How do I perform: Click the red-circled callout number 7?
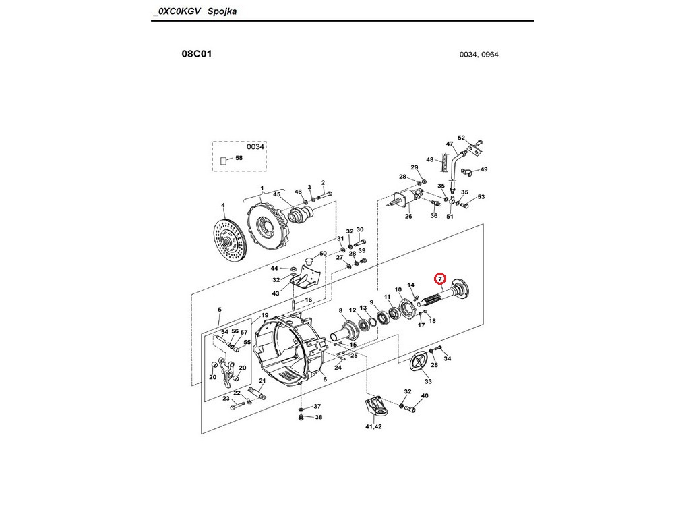coord(440,279)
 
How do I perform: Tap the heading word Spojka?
coord(222,11)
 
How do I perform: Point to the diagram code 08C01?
coord(197,54)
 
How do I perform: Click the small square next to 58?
coord(223,161)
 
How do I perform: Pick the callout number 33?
coord(428,381)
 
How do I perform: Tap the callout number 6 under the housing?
coord(325,379)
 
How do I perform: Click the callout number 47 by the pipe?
coord(450,144)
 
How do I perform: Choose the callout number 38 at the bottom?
coord(319,417)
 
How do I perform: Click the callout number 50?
coord(323,254)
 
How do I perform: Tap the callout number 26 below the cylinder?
coord(408,216)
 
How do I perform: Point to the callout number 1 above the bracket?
coord(262,188)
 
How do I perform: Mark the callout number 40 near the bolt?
coord(425,396)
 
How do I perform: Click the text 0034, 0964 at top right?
coord(479,55)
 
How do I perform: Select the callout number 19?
coord(265,315)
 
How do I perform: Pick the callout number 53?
coord(481,196)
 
